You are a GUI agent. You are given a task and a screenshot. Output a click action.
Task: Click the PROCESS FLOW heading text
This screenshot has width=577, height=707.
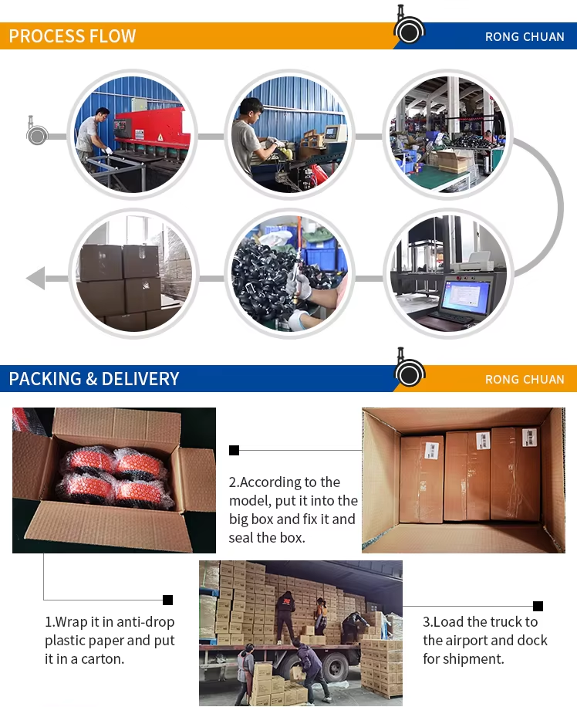point(73,36)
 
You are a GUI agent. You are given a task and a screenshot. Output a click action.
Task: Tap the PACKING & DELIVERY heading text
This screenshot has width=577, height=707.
point(94,379)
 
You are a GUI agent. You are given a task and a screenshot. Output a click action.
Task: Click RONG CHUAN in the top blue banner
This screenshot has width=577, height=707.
point(525,36)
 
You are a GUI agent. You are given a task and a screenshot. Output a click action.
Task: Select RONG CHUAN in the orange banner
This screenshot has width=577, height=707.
point(525,379)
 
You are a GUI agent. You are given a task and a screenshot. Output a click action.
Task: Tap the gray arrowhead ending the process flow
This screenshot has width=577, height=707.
point(35,278)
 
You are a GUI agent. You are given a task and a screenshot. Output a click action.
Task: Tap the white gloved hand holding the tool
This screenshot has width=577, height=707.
point(299,286)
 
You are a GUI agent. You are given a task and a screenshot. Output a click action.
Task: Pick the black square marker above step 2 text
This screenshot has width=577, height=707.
point(234,450)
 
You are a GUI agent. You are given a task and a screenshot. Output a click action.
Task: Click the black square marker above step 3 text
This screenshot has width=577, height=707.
point(538,606)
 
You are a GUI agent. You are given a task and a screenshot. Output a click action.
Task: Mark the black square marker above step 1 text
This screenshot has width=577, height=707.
point(167,600)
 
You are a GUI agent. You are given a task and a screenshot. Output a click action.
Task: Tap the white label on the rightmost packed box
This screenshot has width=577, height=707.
point(529,438)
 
